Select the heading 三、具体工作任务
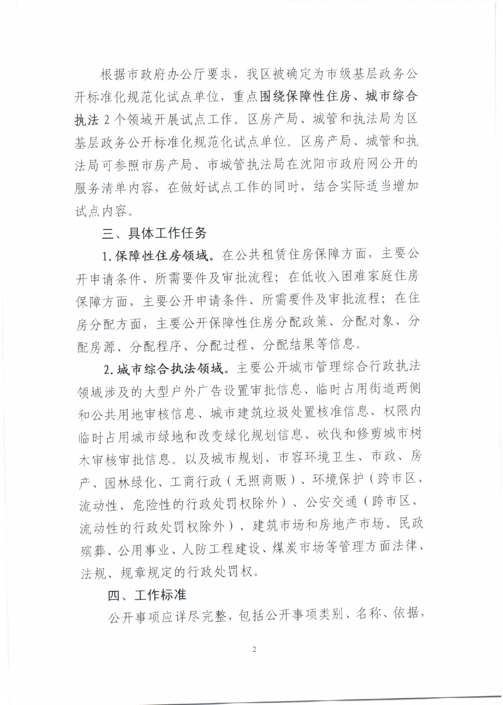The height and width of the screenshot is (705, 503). pos(154,233)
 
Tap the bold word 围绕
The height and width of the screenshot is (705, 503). pos(272,97)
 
